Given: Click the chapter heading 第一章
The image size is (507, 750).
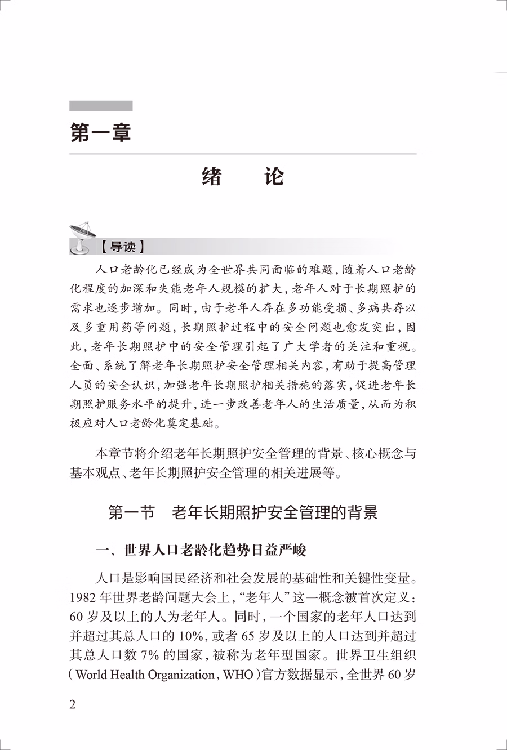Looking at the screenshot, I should (100, 133).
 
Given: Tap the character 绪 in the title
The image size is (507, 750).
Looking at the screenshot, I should (211, 177).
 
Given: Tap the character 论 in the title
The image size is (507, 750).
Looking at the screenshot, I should (274, 177).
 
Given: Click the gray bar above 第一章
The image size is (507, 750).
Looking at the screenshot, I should (101, 106).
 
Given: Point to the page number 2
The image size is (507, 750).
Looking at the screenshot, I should (73, 705).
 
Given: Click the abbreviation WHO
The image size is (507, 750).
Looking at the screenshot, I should (238, 675).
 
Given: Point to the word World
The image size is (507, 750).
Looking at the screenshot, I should (91, 675).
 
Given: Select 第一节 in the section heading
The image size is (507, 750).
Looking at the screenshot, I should (131, 512).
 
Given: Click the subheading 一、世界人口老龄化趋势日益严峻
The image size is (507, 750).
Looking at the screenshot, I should (201, 550).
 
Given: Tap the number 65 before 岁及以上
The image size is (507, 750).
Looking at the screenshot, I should (248, 636).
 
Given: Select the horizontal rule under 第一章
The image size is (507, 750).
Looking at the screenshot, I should (243, 154).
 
